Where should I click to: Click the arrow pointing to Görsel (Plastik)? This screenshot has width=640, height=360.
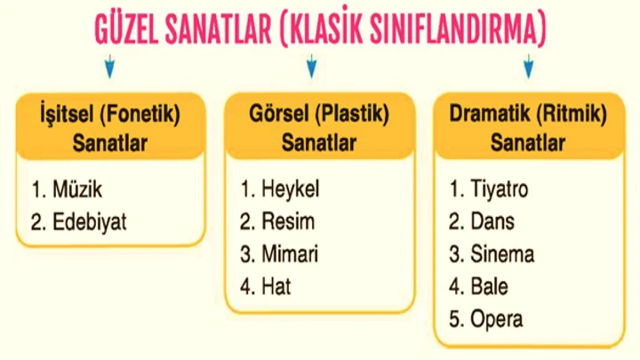[x=311, y=66]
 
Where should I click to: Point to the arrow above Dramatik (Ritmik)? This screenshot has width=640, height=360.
[x=528, y=66]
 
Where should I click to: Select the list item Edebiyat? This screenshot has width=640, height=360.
[x=89, y=221]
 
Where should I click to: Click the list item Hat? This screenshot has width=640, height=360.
[x=276, y=286]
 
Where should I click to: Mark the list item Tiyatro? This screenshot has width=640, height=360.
[x=500, y=189]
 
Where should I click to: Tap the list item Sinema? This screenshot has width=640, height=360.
[x=503, y=254]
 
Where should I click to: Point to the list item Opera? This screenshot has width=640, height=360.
[x=498, y=318]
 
